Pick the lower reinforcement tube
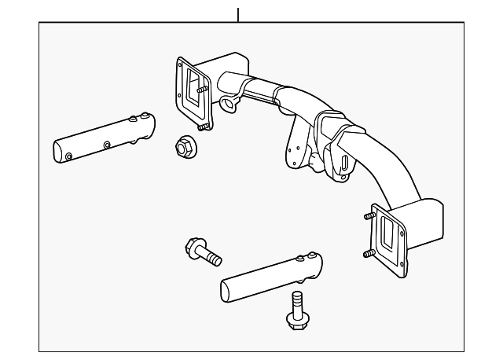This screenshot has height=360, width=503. click(x=270, y=276)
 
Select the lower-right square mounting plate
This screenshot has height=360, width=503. click(x=390, y=235)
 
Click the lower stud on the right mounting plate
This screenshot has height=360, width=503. click(x=369, y=253)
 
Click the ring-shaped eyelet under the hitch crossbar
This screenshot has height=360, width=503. click(x=229, y=104)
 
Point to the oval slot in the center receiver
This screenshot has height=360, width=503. click(x=344, y=163)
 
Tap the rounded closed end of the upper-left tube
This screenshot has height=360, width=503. click(x=58, y=152)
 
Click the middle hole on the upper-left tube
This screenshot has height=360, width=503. click(x=106, y=144)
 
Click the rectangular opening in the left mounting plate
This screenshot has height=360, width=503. click(x=191, y=86)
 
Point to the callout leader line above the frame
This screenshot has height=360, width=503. click(x=237, y=14)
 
